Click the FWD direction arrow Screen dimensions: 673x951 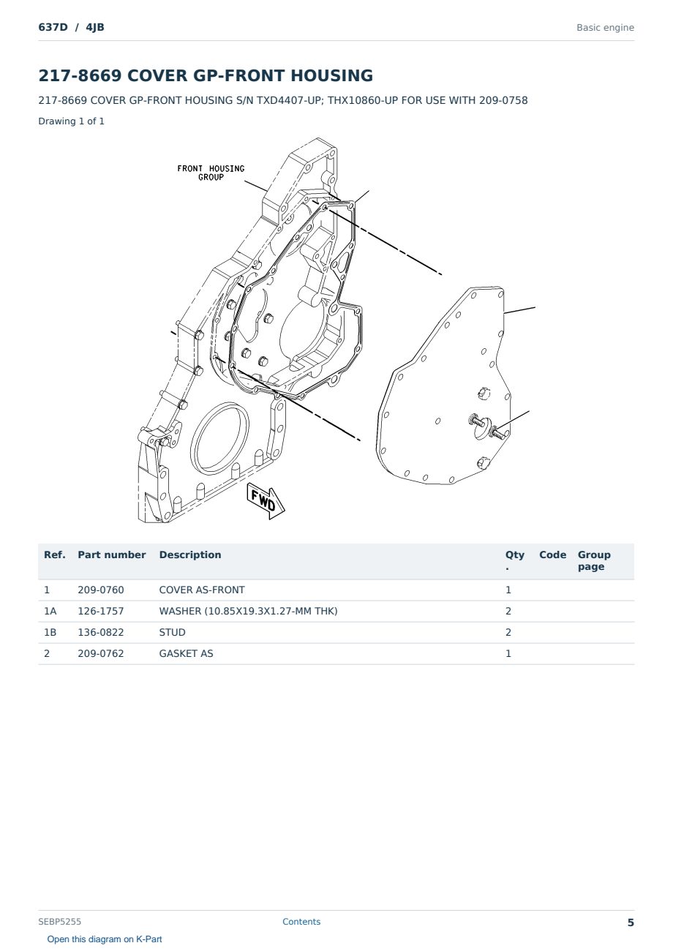pos(266,501)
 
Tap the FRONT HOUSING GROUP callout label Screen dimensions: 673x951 pos(211,173)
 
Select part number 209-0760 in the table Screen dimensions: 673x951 pos(101,590)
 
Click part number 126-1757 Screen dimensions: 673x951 pos(101,611)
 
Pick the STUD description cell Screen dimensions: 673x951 pos(172,632)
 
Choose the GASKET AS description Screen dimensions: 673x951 pos(186,653)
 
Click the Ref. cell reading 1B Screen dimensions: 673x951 pos(50,632)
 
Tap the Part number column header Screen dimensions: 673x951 pos(112,555)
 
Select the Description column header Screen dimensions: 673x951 pos(190,555)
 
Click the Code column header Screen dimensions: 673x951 pos(552,555)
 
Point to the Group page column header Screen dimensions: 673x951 pos(594,560)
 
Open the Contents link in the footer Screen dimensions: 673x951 pos(301,922)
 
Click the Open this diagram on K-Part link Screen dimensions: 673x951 pos(105,939)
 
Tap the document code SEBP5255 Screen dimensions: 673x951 pos(59,922)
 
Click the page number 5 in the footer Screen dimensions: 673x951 pos(631,922)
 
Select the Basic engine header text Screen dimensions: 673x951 pos(605,28)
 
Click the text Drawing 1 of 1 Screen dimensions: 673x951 pos(72,121)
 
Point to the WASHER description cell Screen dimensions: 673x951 pos(249,611)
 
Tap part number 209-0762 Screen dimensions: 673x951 pos(101,653)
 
